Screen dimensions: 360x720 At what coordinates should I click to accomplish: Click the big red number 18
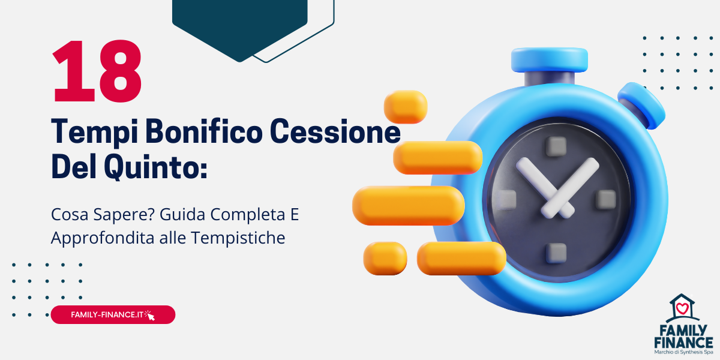click(97, 71)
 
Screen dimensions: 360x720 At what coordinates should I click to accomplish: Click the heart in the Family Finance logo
click(682, 309)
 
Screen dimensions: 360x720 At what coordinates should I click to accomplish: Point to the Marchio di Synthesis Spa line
click(683, 353)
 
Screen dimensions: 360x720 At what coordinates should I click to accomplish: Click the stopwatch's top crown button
click(549, 59)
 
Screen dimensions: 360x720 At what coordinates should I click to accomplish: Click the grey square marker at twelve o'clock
click(556, 146)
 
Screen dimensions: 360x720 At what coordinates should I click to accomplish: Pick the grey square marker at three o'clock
click(605, 199)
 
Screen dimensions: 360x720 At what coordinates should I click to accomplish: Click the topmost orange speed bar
click(406, 107)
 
